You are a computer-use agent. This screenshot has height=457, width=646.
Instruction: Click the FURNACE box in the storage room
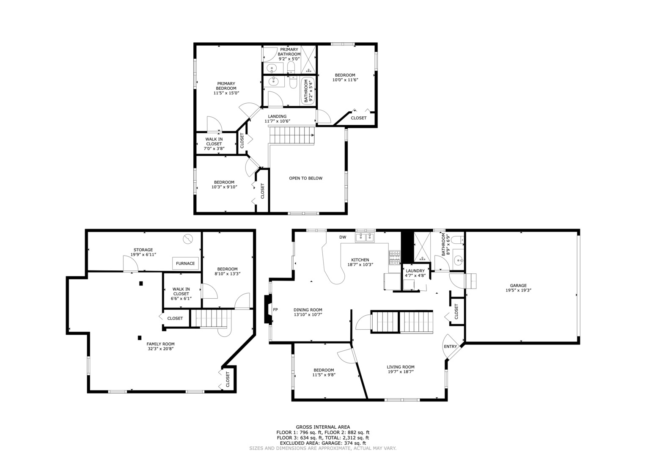[x=185, y=263]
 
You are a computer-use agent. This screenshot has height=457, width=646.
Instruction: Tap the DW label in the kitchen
[x=343, y=237]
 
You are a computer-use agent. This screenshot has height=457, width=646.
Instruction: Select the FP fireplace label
[x=275, y=310]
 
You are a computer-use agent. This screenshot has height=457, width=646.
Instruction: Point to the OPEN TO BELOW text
[x=305, y=178]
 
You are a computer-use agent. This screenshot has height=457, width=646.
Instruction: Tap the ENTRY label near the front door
[x=450, y=347]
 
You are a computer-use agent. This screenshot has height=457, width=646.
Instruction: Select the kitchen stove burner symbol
[x=394, y=258]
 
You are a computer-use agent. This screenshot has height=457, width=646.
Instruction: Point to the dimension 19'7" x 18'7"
[x=400, y=372]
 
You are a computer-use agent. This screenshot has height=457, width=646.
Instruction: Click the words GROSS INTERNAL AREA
[x=323, y=427]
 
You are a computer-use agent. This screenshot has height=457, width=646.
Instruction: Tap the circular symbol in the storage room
[x=187, y=239]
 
